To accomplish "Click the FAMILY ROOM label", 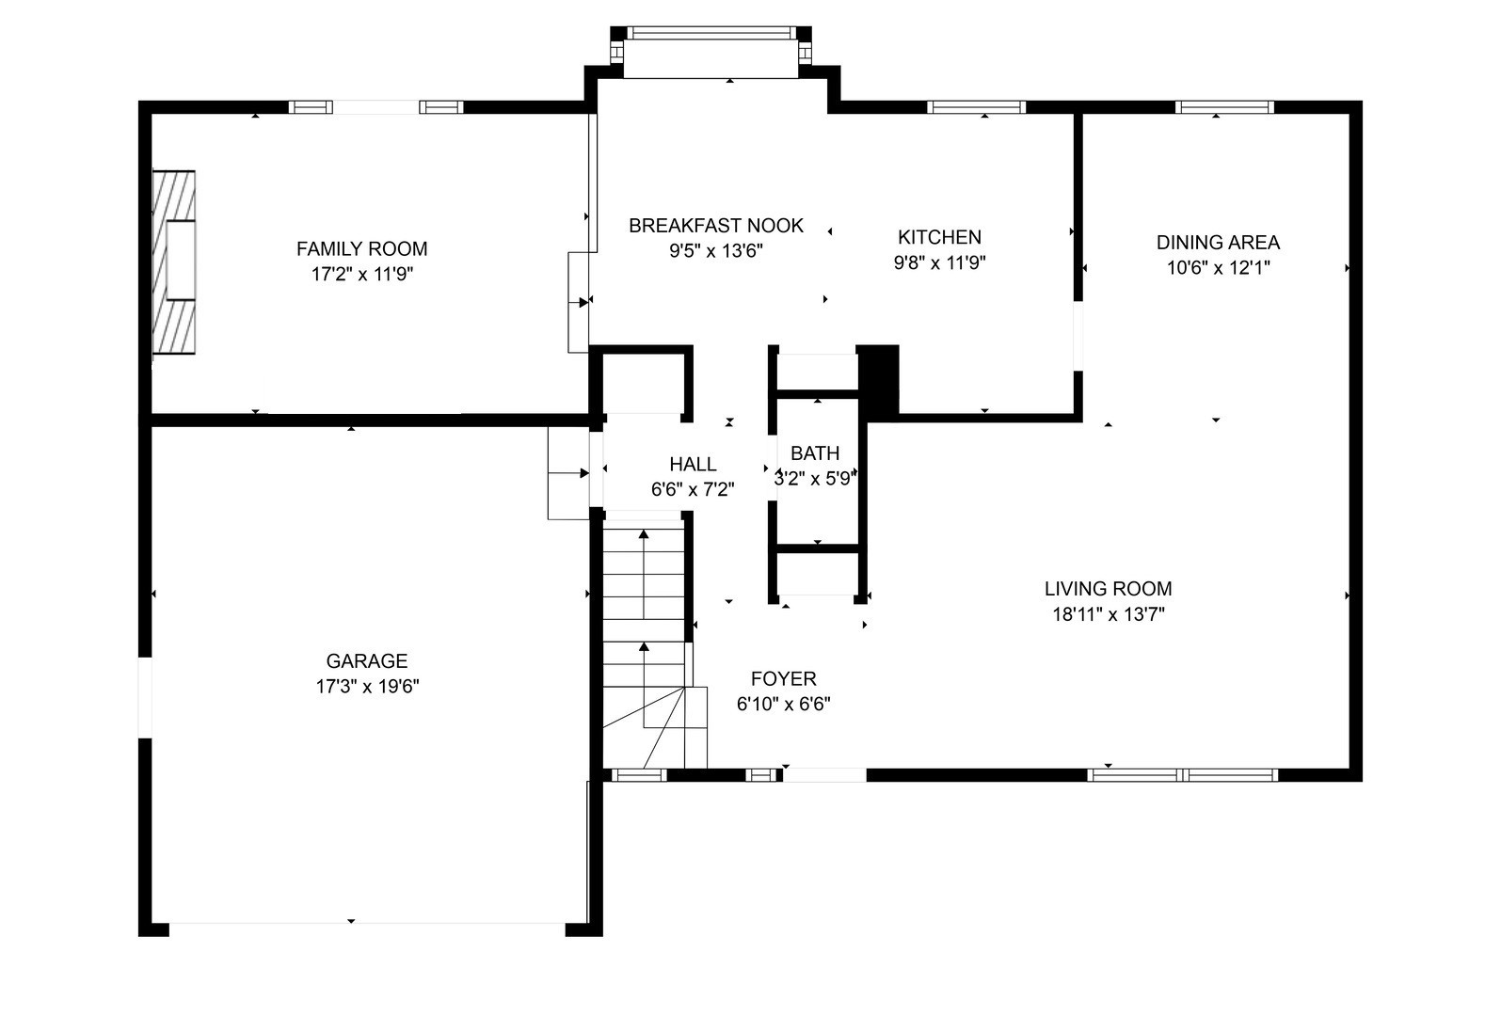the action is (362, 249).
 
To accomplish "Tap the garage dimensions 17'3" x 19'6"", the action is (368, 687).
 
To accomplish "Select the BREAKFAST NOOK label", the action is (715, 226).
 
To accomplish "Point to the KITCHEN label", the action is (939, 237).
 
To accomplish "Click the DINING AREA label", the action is (1219, 243).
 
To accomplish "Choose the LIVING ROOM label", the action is (1109, 589).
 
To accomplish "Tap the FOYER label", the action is (783, 679).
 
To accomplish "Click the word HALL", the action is (693, 464).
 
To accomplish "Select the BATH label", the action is (815, 453).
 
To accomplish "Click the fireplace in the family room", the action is (174, 262).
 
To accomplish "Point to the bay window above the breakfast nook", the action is (711, 53).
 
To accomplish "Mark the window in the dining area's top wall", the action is (1225, 107).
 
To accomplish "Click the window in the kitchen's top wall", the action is (977, 107).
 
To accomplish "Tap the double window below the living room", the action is (1183, 775).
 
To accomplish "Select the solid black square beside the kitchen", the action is (879, 383).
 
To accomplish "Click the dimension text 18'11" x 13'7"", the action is (1109, 614).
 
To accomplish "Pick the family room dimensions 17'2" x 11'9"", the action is (362, 274).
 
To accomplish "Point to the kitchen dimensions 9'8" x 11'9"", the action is (939, 262).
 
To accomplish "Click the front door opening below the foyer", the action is (825, 775).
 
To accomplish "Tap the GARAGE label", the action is (367, 661).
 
